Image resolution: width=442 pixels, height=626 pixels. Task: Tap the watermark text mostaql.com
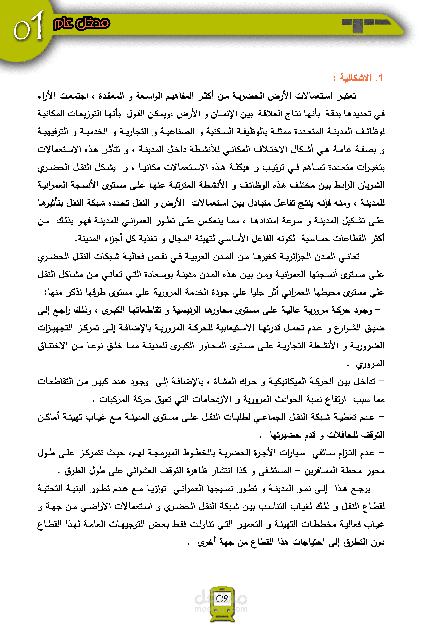pyautogui.click(x=221, y=609)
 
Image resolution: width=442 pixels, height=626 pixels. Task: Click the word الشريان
pyautogui.click(x=371, y=185)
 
